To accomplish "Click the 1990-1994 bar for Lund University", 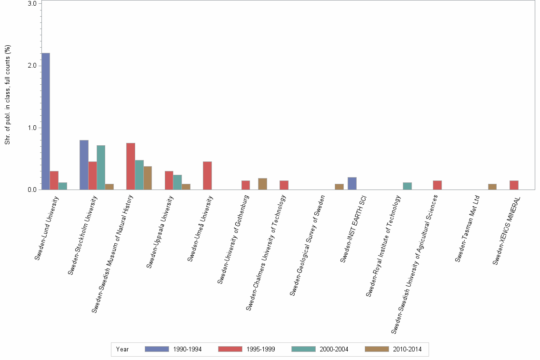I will click(x=46, y=121).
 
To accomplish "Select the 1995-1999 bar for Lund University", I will click(x=54, y=180).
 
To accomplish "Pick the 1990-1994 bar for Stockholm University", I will click(x=84, y=165).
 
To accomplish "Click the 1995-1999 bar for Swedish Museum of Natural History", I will click(x=130, y=166).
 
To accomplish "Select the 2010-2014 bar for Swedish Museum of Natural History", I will click(x=148, y=178).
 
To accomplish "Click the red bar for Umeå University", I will click(x=207, y=176).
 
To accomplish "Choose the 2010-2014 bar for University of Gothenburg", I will click(x=262, y=184).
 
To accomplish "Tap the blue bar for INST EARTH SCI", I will click(x=352, y=183).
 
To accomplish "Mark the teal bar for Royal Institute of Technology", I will click(x=407, y=186).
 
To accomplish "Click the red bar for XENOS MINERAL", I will click(x=514, y=185).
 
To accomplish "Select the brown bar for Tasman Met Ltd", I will click(x=492, y=187).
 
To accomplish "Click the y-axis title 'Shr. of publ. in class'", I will click(x=8, y=95).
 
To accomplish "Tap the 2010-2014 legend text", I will click(x=408, y=349).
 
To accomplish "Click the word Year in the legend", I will click(x=122, y=349).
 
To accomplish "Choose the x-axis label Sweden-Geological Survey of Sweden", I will click(x=307, y=245).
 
